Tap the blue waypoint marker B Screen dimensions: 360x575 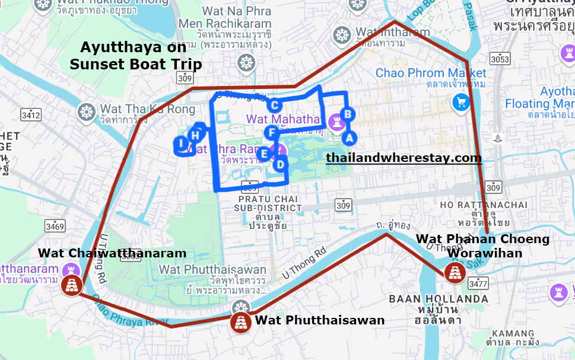pyautogui.click(x=348, y=113)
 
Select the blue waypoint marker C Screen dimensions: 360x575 pyautogui.click(x=275, y=106)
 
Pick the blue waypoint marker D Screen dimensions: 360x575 pyautogui.click(x=280, y=161)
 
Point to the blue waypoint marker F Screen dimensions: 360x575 pyautogui.click(x=271, y=132)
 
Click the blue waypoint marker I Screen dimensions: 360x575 pyautogui.click(x=181, y=143)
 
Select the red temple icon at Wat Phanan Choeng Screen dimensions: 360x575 pyautogui.click(x=455, y=272)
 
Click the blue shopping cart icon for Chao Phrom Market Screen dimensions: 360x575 pyautogui.click(x=461, y=102)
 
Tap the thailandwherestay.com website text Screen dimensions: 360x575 pyautogui.click(x=404, y=158)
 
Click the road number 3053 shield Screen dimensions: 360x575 pyautogui.click(x=500, y=59)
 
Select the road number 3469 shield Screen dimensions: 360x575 pyautogui.click(x=55, y=225)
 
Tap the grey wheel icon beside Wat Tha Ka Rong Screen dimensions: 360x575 pyautogui.click(x=87, y=111)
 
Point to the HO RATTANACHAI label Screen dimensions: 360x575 pyautogui.click(x=484, y=205)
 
